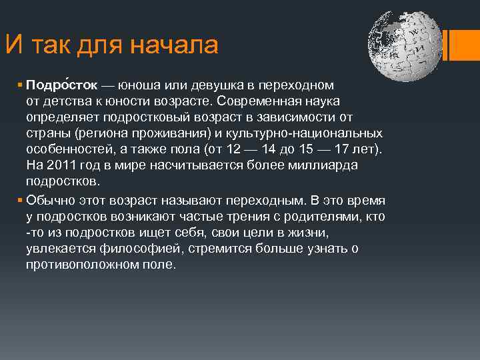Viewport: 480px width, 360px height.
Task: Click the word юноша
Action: [x=143, y=86]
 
